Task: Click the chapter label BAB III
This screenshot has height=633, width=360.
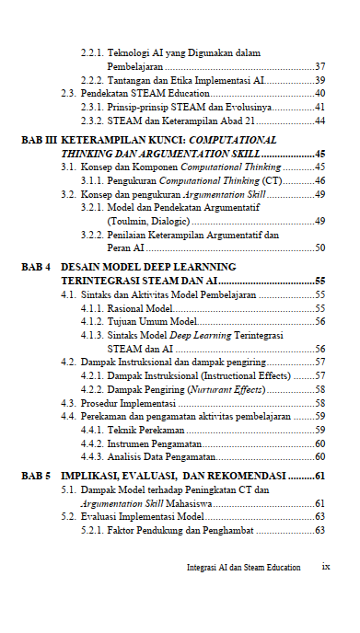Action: [x=38, y=140]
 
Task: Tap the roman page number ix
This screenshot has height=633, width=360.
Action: [x=325, y=567]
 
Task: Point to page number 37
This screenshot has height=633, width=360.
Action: [x=319, y=67]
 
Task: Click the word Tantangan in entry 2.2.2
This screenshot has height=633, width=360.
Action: [x=131, y=80]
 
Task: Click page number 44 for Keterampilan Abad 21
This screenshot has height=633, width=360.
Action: [x=319, y=121]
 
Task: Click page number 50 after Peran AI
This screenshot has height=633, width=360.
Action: [x=319, y=248]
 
